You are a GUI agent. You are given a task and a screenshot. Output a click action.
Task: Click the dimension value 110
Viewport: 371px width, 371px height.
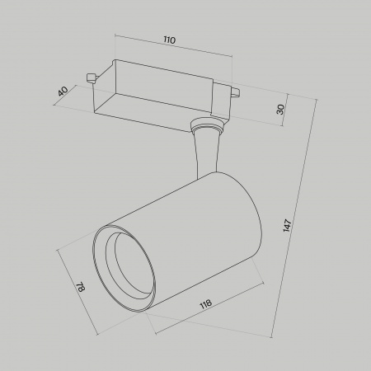tap(170, 40)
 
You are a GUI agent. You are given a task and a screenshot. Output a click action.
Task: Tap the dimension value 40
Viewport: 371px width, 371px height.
tap(63, 92)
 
